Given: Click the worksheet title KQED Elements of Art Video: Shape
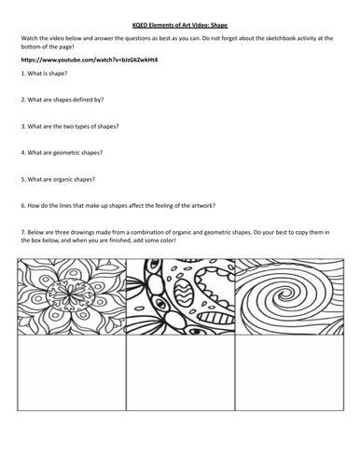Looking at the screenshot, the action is point(180,17).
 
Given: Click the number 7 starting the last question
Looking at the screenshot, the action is point(21,226).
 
